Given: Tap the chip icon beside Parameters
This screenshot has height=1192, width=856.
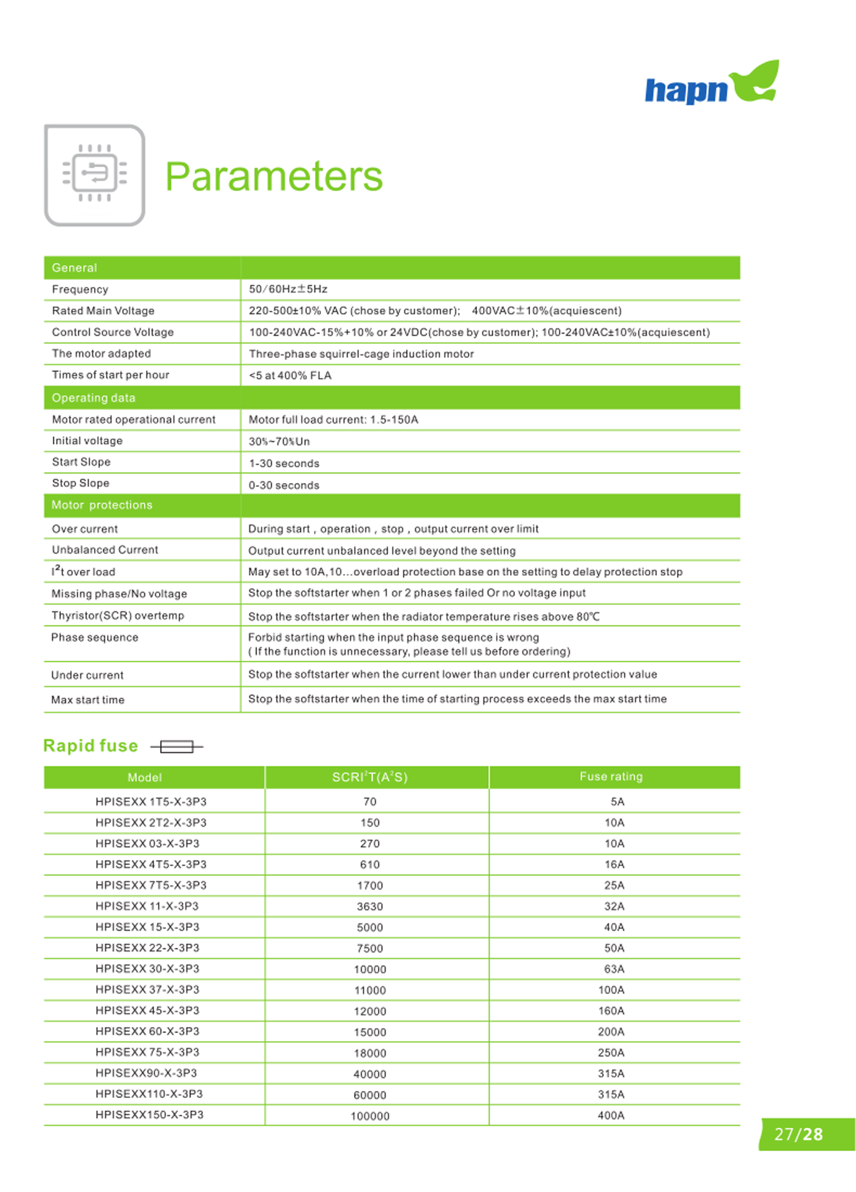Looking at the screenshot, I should tap(95, 175).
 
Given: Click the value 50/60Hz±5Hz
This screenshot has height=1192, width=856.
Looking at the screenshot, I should tap(288, 289).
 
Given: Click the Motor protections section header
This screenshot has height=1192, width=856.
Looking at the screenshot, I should tap(102, 505).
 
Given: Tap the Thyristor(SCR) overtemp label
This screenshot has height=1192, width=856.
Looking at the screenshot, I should tap(118, 616).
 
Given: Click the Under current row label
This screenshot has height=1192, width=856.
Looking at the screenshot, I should tap(87, 675).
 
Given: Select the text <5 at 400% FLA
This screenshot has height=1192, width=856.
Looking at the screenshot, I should tap(290, 375).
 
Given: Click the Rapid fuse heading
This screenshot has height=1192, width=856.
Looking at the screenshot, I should tap(90, 746).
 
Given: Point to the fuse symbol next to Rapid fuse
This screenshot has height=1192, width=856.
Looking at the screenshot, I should tap(177, 746).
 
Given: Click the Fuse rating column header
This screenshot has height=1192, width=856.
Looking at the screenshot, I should tap(611, 777).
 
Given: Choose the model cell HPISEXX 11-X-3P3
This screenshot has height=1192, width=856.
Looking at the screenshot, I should tap(147, 906).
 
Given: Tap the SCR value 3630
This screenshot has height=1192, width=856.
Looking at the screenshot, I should tap(370, 907).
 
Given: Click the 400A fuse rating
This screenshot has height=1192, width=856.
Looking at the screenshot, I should tap(611, 1115).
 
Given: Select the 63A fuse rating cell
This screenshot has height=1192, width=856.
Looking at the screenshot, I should tap(614, 969).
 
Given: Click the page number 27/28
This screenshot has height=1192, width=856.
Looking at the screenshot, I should tap(799, 1134).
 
